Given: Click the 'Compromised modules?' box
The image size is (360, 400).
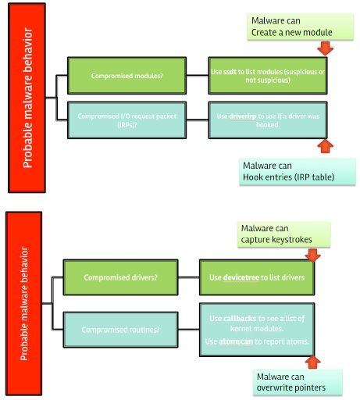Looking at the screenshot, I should (x=127, y=75).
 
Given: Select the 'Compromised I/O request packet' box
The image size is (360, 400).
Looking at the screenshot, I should (x=127, y=119).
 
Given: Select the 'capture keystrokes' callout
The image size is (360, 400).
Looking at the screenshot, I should (x=283, y=233).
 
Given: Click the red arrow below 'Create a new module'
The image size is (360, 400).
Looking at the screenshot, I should (x=326, y=48).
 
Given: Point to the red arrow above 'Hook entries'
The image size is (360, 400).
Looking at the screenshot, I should (x=326, y=145).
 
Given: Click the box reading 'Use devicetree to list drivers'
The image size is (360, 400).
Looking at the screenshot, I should (x=258, y=277).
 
